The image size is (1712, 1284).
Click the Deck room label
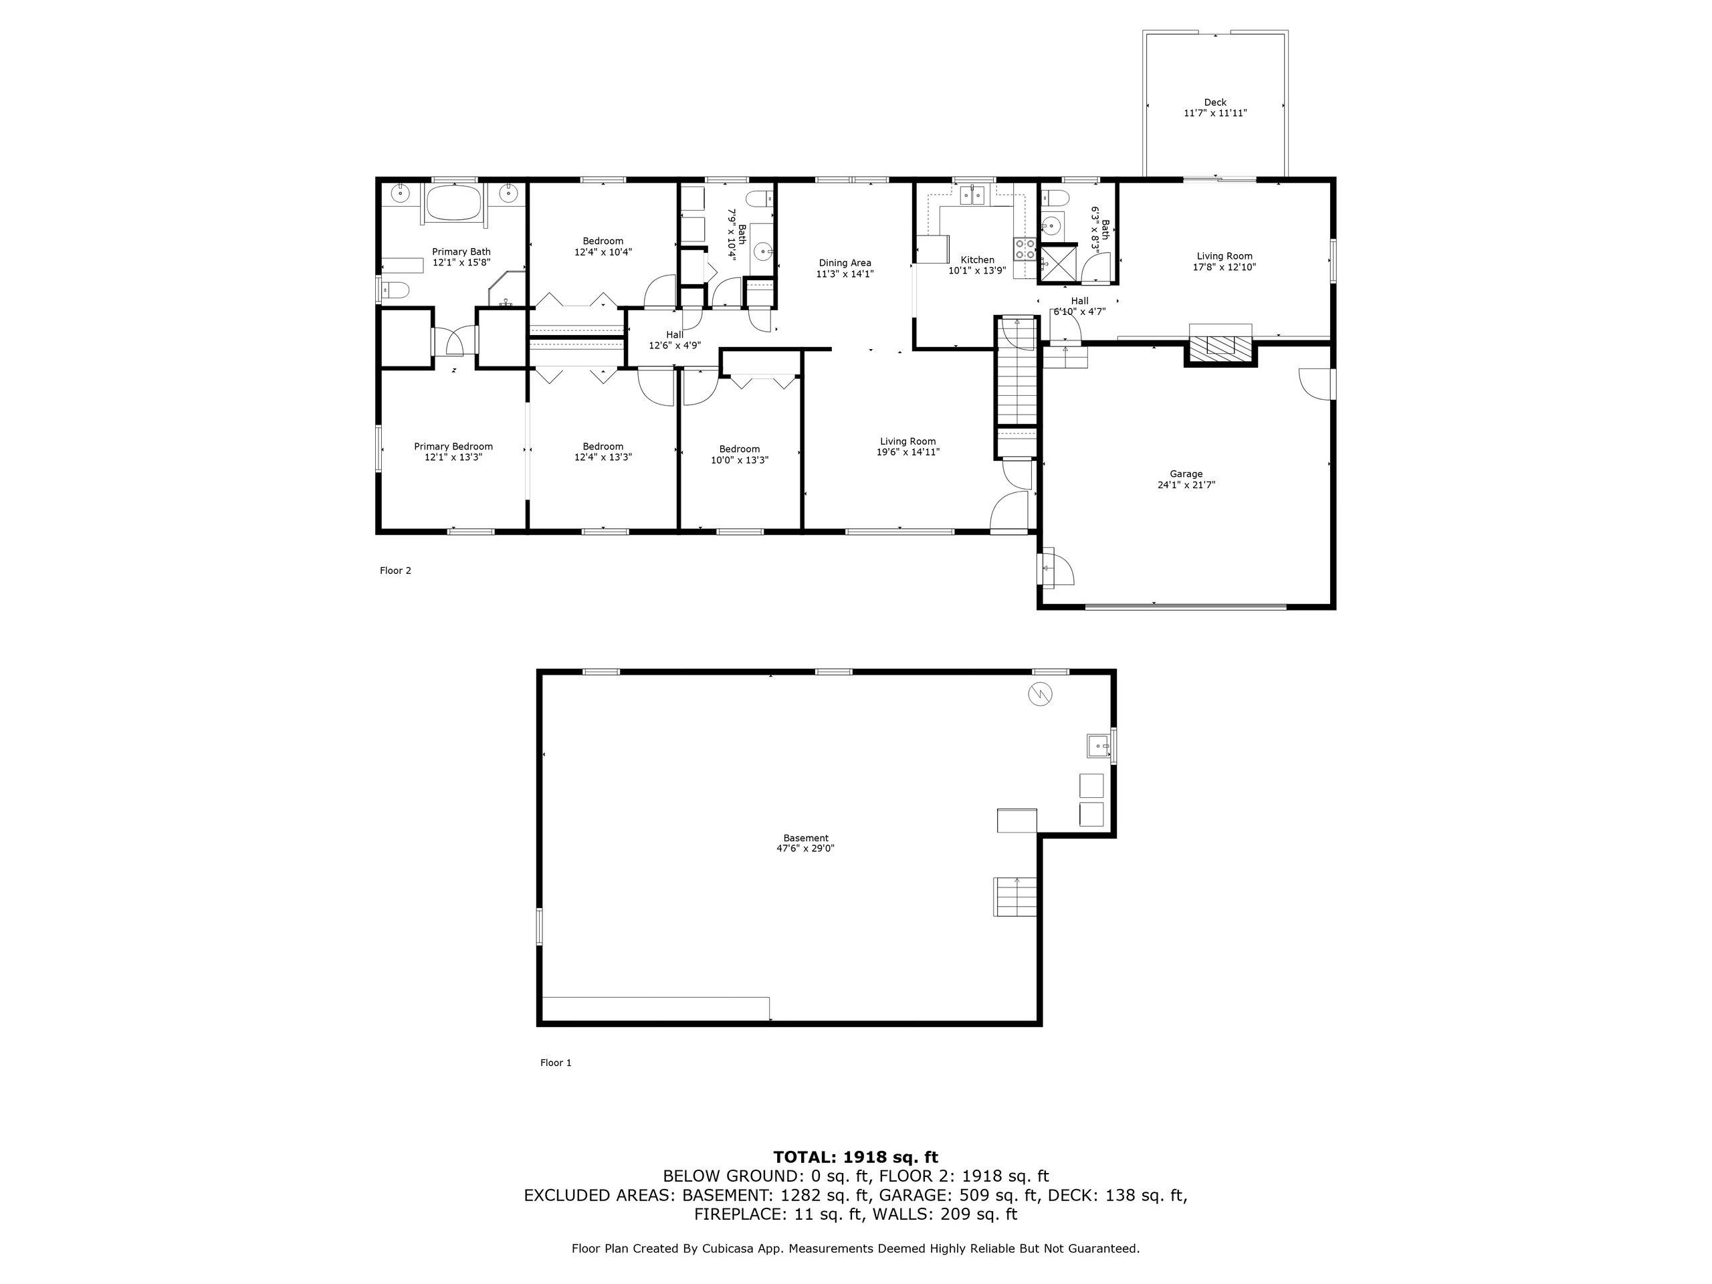(1215, 102)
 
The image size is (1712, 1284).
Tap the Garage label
(1186, 473)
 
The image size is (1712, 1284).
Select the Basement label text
(806, 837)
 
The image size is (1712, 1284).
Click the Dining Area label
(845, 262)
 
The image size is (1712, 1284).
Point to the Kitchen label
(978, 260)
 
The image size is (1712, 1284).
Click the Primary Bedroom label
(453, 447)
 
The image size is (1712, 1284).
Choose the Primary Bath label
(461, 251)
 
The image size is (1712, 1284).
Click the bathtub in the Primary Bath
(453, 203)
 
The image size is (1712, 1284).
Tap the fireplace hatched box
(1220, 346)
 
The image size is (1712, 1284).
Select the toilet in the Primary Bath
(395, 291)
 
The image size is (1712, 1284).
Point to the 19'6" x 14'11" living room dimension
(908, 453)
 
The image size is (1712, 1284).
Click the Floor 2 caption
(395, 571)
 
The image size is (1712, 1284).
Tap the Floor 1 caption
(556, 1063)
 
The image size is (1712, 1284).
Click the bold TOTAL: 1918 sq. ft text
(855, 1157)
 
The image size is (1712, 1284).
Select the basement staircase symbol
(1015, 897)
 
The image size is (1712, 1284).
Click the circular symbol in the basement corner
(1040, 694)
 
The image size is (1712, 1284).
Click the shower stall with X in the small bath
(1057, 261)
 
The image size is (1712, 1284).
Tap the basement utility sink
(1098, 746)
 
